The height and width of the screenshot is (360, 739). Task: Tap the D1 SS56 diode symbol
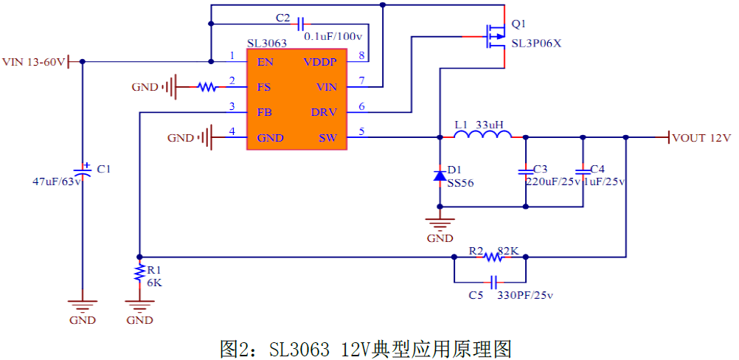pyautogui.click(x=440, y=176)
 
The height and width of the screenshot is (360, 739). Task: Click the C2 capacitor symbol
pyautogui.click(x=299, y=23)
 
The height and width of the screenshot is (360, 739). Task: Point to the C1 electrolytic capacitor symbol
pyautogui.click(x=83, y=170)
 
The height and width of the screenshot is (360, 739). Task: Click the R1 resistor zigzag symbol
pyautogui.click(x=139, y=273)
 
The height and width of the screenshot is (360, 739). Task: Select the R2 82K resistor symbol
pyautogui.click(x=490, y=257)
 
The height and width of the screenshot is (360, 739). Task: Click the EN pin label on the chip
pyautogui.click(x=265, y=62)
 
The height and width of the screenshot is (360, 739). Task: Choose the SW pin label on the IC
pyautogui.click(x=327, y=137)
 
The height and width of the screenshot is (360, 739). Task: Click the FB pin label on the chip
pyautogui.click(x=264, y=112)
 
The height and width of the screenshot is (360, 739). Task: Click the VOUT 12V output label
pyautogui.click(x=701, y=138)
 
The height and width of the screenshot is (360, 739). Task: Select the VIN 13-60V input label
pyautogui.click(x=34, y=62)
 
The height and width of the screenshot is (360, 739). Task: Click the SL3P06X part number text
pyautogui.click(x=536, y=44)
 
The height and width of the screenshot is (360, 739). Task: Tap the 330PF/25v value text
pyautogui.click(x=525, y=296)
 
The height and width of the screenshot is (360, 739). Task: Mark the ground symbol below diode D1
pyautogui.click(x=440, y=222)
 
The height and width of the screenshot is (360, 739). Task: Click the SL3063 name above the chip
pyautogui.click(x=267, y=44)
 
